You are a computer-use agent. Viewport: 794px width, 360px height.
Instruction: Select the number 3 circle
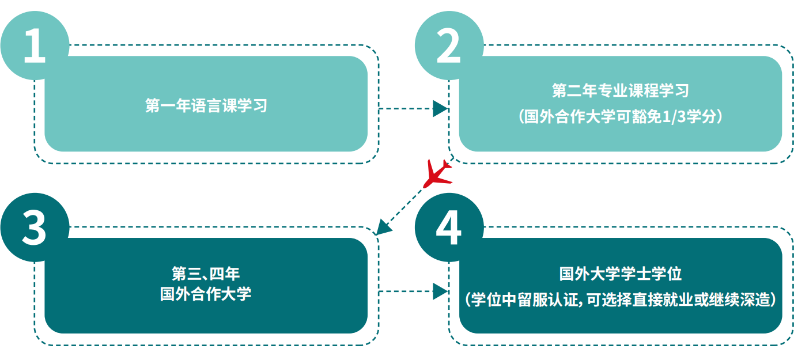click(35, 227)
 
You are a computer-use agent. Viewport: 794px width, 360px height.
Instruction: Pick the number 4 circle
click(449, 227)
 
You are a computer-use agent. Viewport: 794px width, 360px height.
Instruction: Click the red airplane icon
click(437, 173)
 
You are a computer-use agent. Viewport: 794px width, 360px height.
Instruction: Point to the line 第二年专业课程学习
click(620, 91)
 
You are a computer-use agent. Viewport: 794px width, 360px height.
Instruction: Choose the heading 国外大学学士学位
click(620, 274)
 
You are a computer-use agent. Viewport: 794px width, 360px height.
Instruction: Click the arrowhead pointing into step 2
click(440, 108)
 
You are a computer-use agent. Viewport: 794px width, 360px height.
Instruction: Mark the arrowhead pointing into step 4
click(440, 291)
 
